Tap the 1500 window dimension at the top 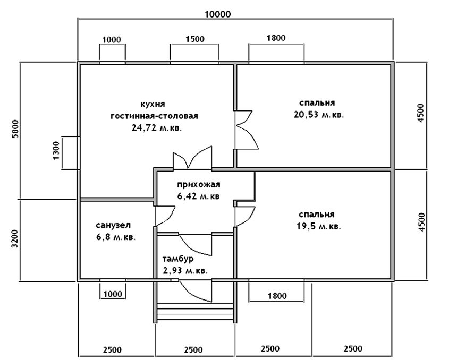point(194,39)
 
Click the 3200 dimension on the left point(15,240)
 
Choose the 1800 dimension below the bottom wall point(276,295)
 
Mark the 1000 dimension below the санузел point(112,293)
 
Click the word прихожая point(199,185)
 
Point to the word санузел point(113,225)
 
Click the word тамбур point(177,259)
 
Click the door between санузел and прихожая point(162,215)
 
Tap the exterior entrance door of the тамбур point(196,289)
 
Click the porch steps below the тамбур point(196,312)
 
